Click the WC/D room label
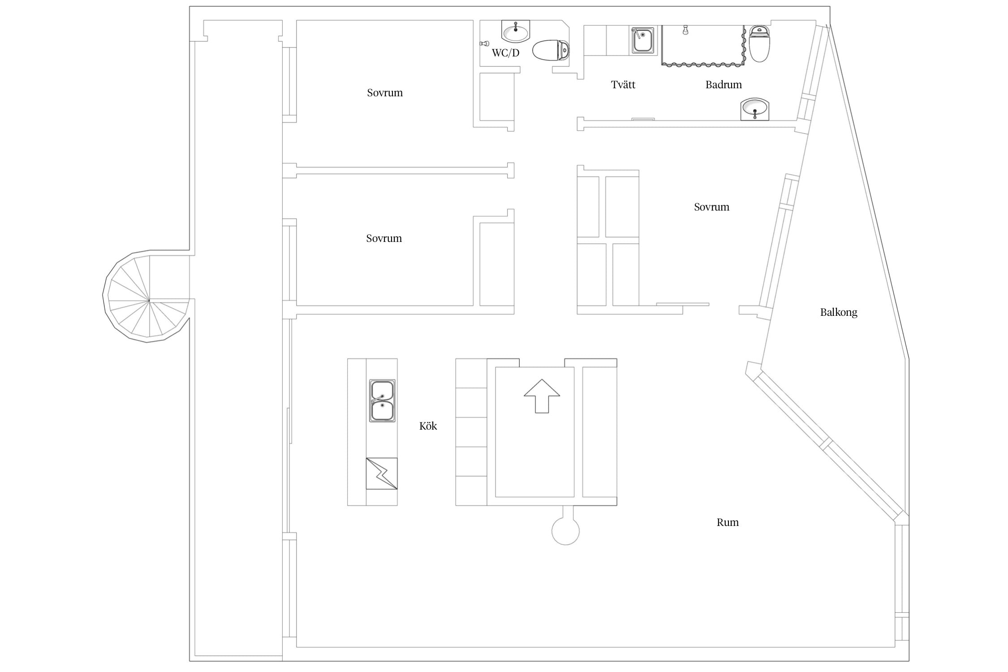point(505,53)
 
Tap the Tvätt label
point(623,84)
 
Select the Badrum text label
point(724,84)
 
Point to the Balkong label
point(839,312)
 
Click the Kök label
point(428,426)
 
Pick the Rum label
point(728,522)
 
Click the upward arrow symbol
point(542,396)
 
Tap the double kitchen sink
point(382,401)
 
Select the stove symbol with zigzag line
point(382,474)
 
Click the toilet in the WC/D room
point(551,50)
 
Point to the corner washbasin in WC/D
point(516,31)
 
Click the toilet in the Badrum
point(759,43)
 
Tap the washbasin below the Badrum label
point(755,109)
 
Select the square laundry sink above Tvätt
point(643,40)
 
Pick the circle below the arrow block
point(565,531)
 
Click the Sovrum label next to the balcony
point(711,207)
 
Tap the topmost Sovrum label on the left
point(385,93)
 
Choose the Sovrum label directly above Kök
point(384,238)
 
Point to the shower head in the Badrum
point(685,30)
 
